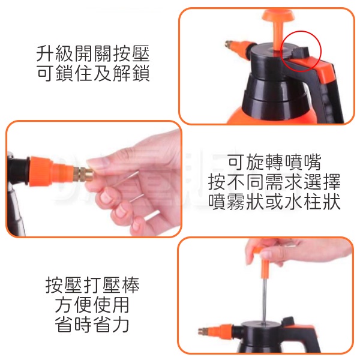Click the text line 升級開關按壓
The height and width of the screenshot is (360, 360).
[x=93, y=54]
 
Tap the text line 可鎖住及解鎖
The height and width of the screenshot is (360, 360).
[x=93, y=73]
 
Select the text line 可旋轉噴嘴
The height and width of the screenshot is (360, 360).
[x=274, y=162]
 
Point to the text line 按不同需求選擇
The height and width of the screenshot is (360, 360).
[x=274, y=182]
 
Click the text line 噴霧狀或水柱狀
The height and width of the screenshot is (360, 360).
[x=274, y=202]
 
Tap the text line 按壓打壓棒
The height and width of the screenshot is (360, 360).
[x=92, y=285]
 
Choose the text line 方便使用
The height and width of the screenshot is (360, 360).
[x=92, y=305]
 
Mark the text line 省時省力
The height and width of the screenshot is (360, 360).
[x=92, y=324]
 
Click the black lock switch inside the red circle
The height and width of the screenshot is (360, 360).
[x=300, y=52]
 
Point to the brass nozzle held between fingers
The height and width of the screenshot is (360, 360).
[x=85, y=175]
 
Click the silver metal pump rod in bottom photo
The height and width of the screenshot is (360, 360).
[x=265, y=300]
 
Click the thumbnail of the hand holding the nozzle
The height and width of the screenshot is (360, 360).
[x=94, y=178]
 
